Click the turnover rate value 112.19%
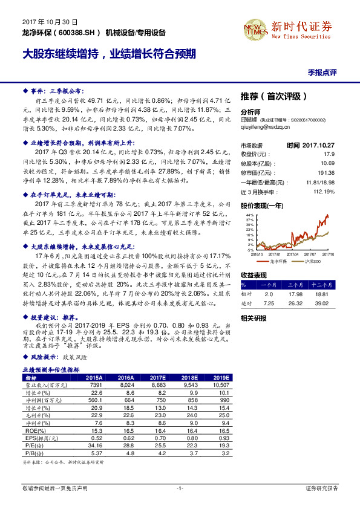[x=324, y=192]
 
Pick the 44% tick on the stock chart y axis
[x=249, y=215]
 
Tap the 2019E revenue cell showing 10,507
[x=220, y=384]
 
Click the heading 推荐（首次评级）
[x=274, y=96]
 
